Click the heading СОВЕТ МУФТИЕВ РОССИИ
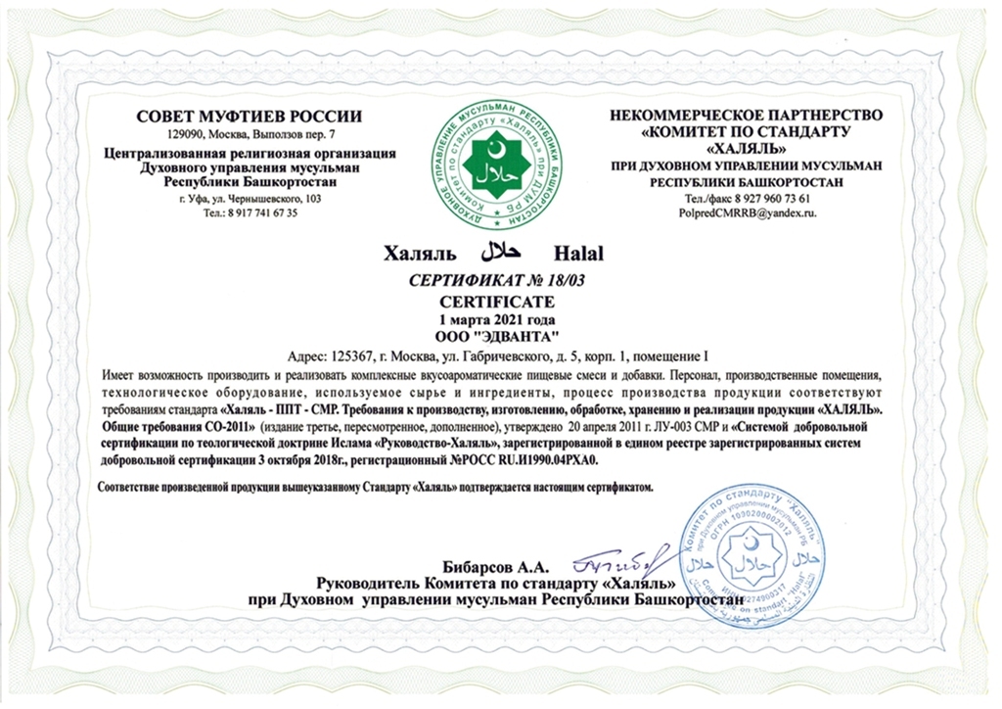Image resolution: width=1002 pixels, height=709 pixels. (x=250, y=117)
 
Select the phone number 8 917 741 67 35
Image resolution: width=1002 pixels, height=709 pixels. (x=262, y=213)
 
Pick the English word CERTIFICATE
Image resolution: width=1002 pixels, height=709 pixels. (x=500, y=300)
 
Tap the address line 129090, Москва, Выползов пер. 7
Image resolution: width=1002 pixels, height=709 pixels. (x=250, y=133)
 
